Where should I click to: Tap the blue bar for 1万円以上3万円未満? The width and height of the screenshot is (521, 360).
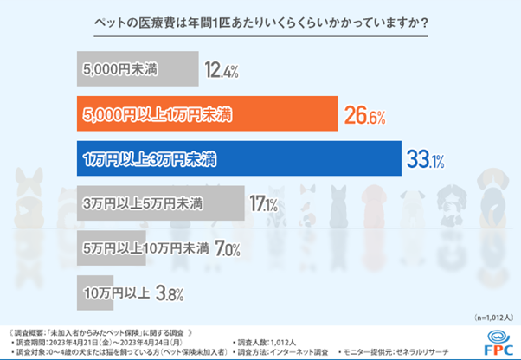[x=238, y=160]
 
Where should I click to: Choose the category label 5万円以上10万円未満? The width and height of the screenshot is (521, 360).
[x=145, y=249]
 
